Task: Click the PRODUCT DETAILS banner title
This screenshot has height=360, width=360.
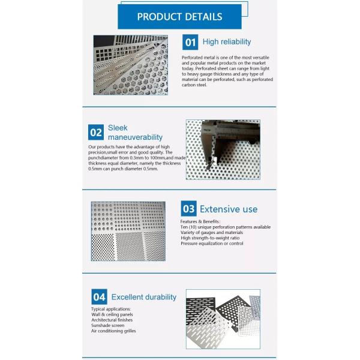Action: (179, 17)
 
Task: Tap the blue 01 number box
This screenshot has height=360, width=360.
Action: (190, 42)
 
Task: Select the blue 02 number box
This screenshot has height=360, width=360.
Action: (95, 132)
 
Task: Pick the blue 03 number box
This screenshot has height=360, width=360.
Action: (188, 209)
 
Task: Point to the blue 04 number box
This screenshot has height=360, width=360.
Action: (99, 296)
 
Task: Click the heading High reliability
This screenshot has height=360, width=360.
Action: (227, 42)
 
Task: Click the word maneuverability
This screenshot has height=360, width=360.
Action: (135, 137)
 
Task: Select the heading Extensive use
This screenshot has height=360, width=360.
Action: (228, 209)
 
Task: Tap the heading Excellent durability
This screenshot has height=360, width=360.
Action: (143, 297)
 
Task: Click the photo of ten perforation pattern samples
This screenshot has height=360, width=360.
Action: (128, 231)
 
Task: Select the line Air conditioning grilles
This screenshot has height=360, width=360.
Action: (113, 331)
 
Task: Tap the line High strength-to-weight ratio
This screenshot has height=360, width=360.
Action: (210, 238)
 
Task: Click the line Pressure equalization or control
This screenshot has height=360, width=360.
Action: (212, 244)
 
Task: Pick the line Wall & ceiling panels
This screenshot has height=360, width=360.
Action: (112, 314)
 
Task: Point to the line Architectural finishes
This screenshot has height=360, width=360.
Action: (112, 320)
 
